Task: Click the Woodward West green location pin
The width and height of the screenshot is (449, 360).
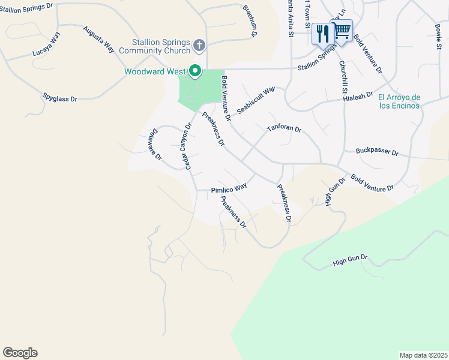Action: click(x=195, y=71)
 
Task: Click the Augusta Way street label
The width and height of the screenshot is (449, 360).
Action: click(x=99, y=39)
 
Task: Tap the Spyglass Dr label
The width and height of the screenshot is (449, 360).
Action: click(x=60, y=97)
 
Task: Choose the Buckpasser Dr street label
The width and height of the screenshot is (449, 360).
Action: click(x=377, y=152)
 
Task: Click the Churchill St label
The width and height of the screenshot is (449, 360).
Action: click(x=344, y=76)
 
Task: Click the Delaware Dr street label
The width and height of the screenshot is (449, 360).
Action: click(x=154, y=145)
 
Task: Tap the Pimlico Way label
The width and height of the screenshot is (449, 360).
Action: click(x=229, y=188)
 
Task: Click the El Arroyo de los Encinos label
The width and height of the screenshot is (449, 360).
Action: click(x=399, y=101)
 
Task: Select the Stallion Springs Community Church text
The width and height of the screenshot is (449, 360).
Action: click(x=161, y=47)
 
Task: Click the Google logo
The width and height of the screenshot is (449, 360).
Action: click(x=20, y=353)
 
